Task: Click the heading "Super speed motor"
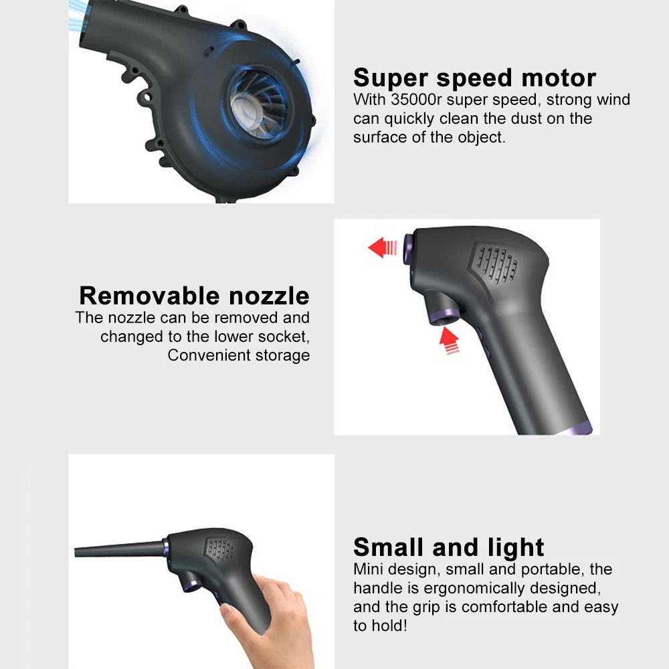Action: tap(474, 78)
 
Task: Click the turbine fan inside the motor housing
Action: tap(258, 104)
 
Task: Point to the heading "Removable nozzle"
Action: tap(194, 296)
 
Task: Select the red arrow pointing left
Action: tap(382, 248)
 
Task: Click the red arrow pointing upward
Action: tap(450, 341)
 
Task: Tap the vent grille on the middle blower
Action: tap(496, 264)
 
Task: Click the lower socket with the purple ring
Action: tap(443, 312)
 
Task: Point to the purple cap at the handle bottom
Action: tap(579, 429)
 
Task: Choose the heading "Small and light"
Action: tap(448, 547)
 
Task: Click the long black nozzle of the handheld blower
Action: tap(118, 549)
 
